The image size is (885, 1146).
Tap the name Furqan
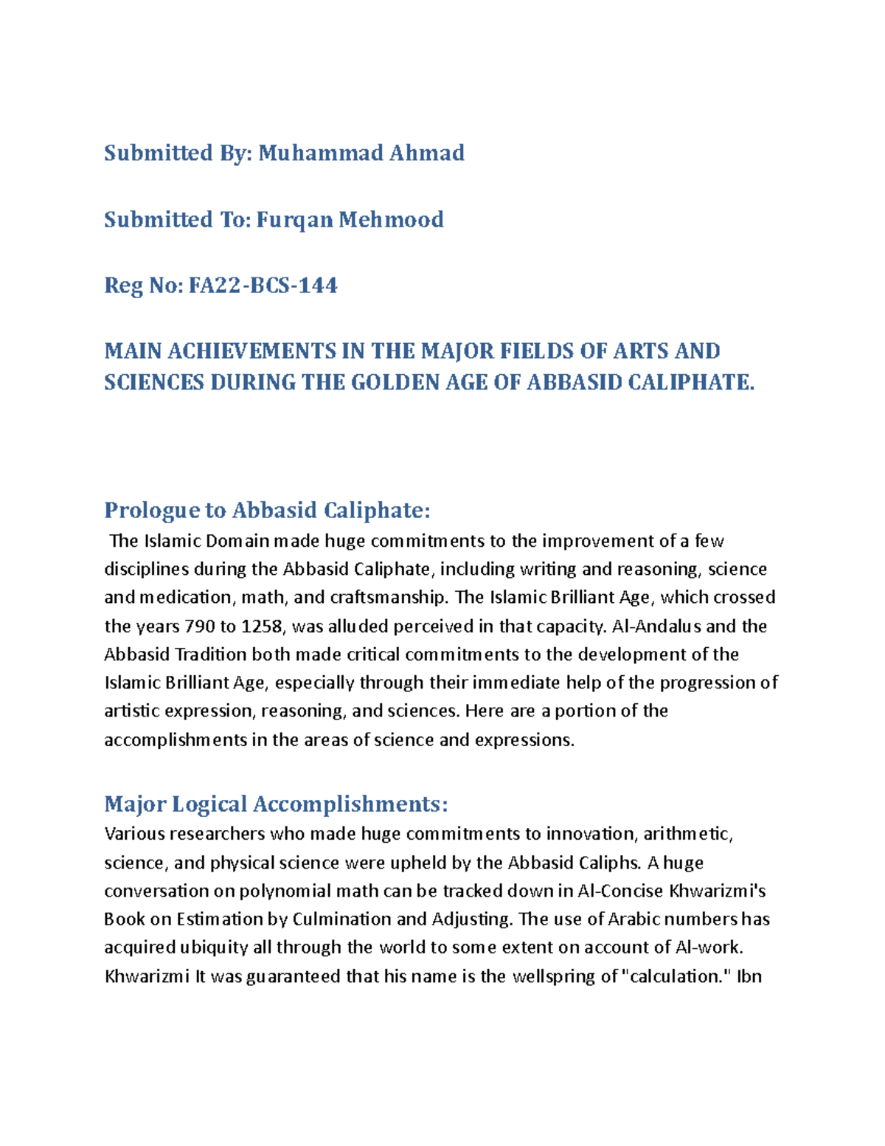click(294, 219)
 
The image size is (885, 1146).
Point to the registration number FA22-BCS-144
click(263, 285)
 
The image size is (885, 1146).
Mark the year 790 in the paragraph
click(199, 626)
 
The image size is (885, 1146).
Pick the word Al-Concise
click(620, 891)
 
